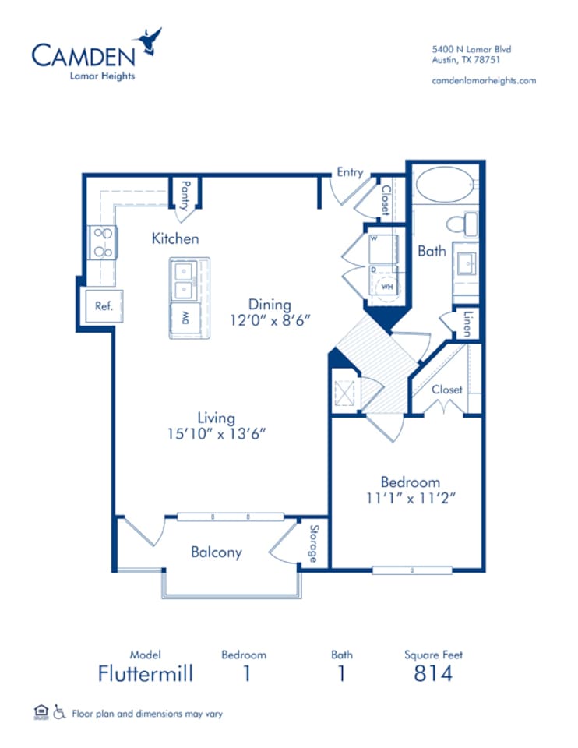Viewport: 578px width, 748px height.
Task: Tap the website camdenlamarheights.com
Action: tap(484, 80)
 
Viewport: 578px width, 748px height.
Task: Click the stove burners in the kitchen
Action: tap(103, 242)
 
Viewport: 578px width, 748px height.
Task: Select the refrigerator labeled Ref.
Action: tap(104, 305)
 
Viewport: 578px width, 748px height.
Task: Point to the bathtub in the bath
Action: tap(446, 185)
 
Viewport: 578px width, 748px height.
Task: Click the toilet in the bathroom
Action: tap(462, 224)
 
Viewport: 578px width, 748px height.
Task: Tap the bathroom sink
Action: tap(466, 263)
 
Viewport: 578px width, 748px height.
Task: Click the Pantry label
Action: tap(185, 196)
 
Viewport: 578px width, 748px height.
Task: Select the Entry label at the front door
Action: tap(350, 172)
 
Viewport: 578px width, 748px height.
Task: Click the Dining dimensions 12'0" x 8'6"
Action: tap(270, 320)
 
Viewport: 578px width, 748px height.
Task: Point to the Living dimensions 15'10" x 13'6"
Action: tap(216, 434)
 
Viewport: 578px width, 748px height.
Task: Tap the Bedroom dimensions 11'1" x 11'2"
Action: tap(411, 498)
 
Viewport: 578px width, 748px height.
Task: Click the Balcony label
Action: tap(216, 552)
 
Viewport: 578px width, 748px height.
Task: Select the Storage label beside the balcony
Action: tap(314, 543)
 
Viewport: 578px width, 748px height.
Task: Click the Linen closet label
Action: tap(468, 323)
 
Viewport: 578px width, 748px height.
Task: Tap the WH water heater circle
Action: tap(387, 287)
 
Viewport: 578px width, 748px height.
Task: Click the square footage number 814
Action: tap(433, 673)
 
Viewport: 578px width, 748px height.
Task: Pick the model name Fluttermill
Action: tap(146, 673)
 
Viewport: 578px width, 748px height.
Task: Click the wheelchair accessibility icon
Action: tap(59, 712)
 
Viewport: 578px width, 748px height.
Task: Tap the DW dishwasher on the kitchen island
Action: tap(185, 318)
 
